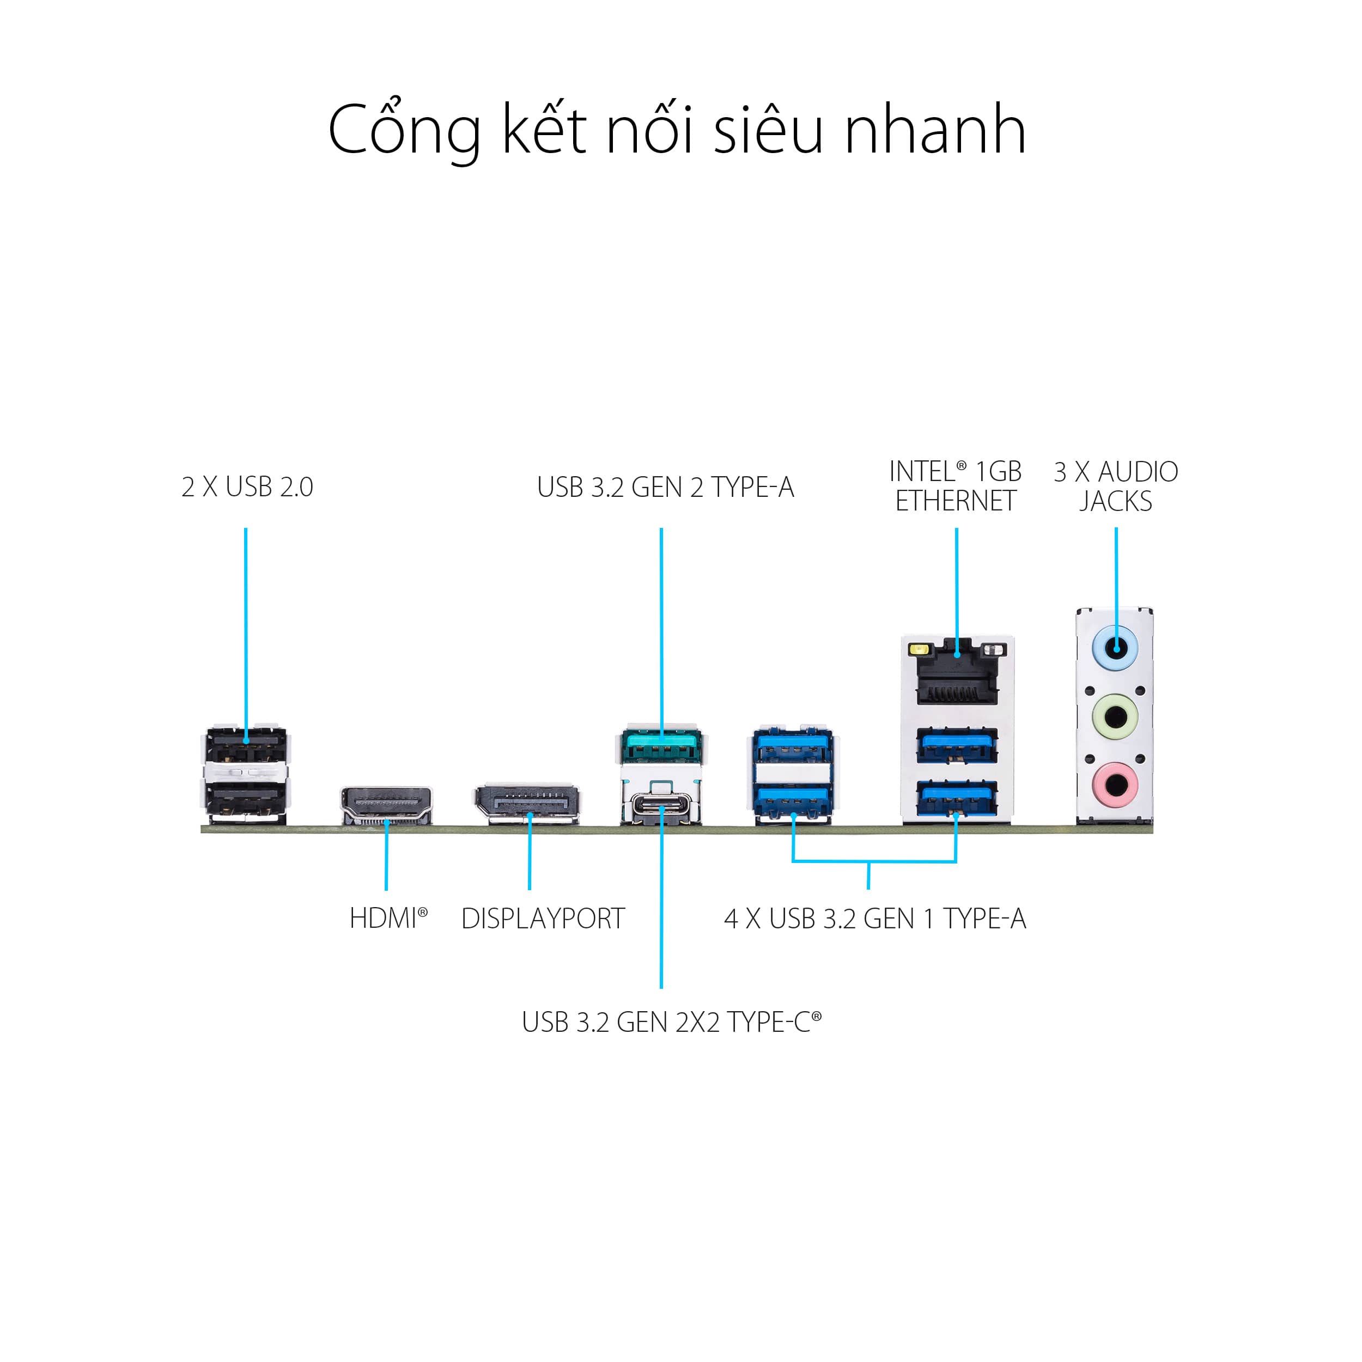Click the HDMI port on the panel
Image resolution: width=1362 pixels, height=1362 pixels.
tap(386, 805)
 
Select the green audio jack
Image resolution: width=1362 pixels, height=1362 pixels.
tap(1115, 718)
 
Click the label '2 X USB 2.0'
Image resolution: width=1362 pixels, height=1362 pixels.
tap(247, 487)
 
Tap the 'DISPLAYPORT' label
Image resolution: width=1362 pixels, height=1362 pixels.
tap(543, 919)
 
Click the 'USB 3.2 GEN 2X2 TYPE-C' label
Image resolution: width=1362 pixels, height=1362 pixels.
tap(671, 1022)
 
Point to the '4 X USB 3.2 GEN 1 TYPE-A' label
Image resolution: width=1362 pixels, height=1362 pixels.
tap(875, 919)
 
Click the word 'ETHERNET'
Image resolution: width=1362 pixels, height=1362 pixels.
tap(956, 501)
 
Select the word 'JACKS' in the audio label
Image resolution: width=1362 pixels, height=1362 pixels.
tap(1115, 501)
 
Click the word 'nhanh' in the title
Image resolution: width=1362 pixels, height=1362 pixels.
tap(935, 130)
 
